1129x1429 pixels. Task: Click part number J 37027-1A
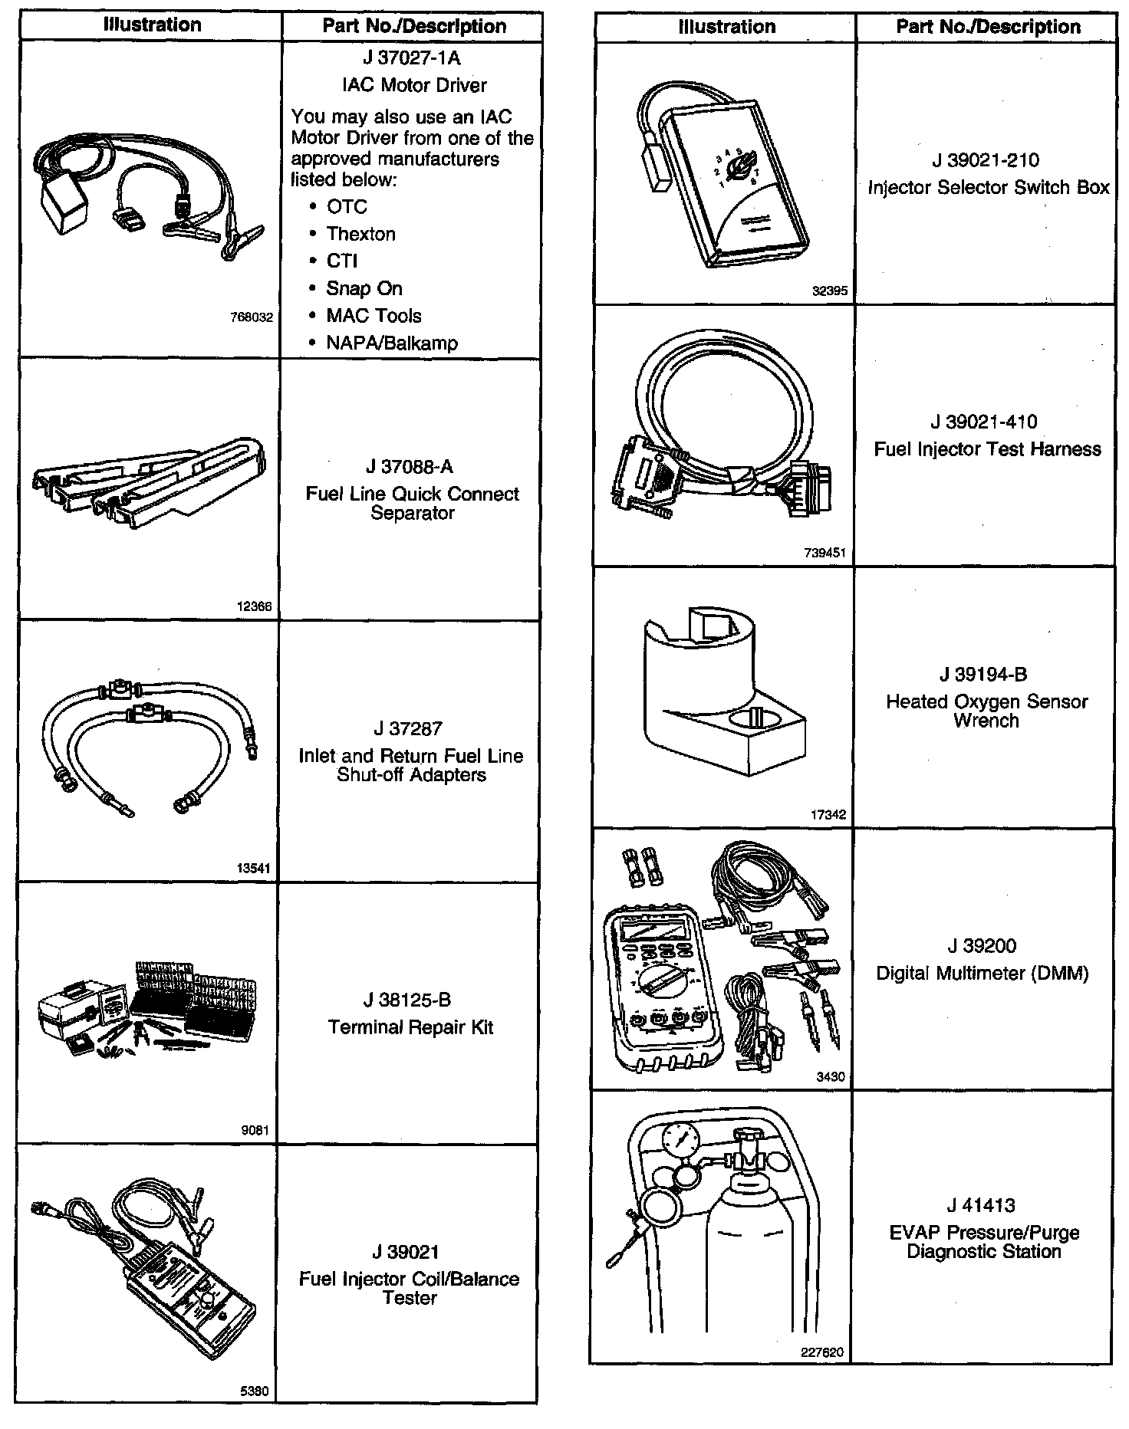(x=412, y=58)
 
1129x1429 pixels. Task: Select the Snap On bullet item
(x=364, y=289)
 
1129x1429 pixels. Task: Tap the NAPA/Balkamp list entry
(x=392, y=343)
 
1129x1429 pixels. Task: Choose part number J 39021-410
(x=984, y=422)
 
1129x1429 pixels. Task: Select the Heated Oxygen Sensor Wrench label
(x=986, y=711)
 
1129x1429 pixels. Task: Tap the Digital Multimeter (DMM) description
(x=983, y=973)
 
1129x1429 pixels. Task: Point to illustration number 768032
(x=252, y=317)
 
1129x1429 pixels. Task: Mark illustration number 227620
(x=822, y=1352)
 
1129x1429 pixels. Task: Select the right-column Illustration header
(x=726, y=28)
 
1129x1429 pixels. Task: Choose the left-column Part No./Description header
(x=414, y=26)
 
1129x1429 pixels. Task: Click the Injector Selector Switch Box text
(x=989, y=188)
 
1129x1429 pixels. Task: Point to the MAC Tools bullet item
(x=374, y=316)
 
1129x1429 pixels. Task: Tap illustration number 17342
(x=828, y=815)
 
